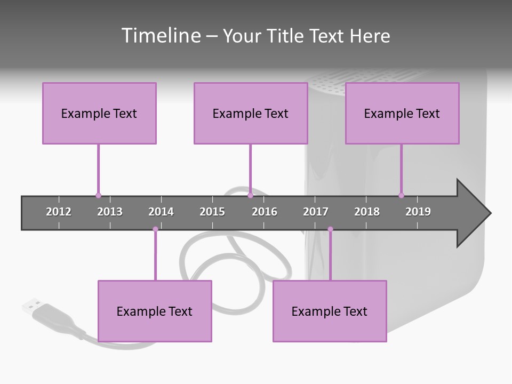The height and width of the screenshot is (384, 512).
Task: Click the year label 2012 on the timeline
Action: point(59,212)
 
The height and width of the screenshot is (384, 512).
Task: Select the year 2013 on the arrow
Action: point(110,212)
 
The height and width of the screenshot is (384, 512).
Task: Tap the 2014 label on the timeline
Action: point(161,212)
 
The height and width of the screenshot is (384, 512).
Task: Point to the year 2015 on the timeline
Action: point(212,212)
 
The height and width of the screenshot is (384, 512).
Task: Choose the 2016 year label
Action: point(265,212)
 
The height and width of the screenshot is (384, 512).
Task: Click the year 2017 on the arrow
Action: point(316,212)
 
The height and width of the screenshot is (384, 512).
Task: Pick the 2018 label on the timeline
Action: point(367,212)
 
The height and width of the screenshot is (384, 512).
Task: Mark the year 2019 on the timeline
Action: point(418,212)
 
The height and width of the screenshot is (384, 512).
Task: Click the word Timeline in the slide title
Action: point(161,36)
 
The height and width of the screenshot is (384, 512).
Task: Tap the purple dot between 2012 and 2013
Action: point(98,196)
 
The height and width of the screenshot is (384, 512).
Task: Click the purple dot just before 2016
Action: point(250,196)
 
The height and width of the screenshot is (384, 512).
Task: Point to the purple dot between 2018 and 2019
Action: point(401,196)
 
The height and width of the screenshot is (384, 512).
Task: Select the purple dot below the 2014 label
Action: point(155,229)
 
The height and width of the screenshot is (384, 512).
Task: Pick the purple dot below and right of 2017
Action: point(330,229)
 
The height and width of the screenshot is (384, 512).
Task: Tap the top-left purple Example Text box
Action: point(99,113)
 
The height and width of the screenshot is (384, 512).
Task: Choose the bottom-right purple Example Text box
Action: point(330,311)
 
